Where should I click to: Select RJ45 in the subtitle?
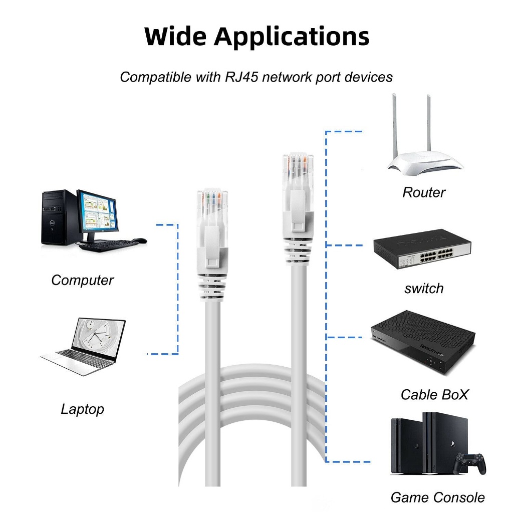click(241, 77)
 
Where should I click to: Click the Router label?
click(424, 192)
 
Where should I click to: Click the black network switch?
click(422, 248)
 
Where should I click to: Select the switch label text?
click(424, 289)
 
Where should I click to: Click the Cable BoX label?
click(434, 395)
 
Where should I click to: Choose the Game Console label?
click(437, 497)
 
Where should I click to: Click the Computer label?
click(83, 281)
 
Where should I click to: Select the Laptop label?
click(83, 409)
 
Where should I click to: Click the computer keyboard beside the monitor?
click(105, 244)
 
